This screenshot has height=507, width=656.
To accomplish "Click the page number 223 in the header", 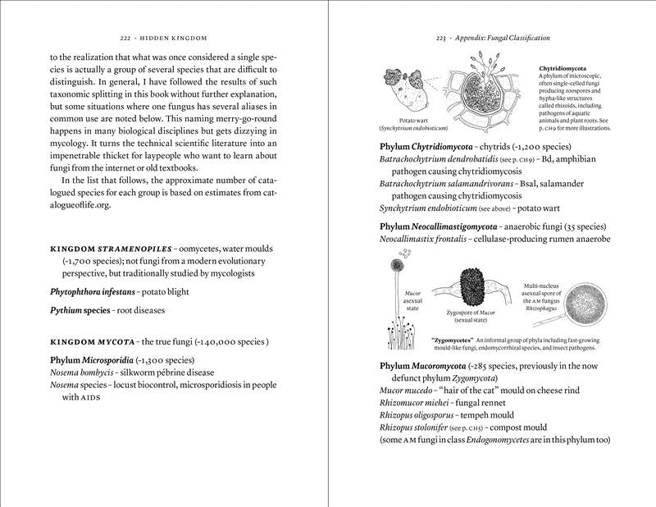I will (440, 38).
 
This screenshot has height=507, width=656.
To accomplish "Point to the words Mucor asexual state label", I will (412, 300).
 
